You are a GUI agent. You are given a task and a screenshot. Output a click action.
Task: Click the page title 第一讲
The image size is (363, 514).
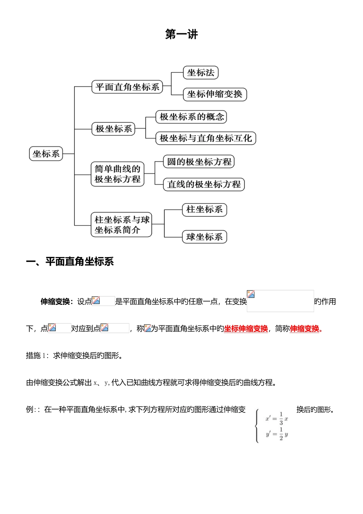click(181, 34)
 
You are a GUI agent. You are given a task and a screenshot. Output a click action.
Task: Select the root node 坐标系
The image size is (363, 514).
click(46, 154)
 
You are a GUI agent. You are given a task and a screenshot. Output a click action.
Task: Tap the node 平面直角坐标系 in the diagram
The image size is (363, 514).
click(127, 87)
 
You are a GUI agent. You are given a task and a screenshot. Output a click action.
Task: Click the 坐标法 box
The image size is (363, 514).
click(201, 73)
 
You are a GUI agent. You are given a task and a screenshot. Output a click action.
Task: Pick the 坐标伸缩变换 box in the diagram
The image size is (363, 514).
click(215, 94)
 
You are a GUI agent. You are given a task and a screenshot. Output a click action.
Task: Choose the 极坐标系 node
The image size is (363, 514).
click(113, 129)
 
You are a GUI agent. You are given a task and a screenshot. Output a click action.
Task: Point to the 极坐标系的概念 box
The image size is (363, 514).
click(191, 117)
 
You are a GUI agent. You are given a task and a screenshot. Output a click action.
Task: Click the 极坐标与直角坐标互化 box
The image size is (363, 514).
click(206, 138)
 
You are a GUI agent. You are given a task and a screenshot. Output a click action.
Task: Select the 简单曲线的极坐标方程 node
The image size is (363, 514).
click(117, 174)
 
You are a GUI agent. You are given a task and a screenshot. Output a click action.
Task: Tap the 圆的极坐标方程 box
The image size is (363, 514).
click(199, 162)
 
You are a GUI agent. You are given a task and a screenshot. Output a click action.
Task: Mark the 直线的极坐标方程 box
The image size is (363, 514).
click(204, 184)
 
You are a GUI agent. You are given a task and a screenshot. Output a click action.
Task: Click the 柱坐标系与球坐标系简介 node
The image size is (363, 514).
click(121, 225)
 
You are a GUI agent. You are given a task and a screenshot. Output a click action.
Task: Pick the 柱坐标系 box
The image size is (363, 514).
click(204, 210)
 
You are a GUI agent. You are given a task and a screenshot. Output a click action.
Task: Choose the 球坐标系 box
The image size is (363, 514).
click(204, 237)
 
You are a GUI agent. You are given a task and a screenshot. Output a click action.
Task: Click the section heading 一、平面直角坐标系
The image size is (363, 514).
click(70, 262)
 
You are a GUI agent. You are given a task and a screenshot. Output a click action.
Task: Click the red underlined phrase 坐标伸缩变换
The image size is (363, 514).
click(246, 329)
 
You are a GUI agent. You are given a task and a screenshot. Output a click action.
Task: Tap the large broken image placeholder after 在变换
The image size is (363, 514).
click(280, 301)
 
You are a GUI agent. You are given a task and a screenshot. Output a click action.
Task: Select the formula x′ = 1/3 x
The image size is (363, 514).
click(277, 419)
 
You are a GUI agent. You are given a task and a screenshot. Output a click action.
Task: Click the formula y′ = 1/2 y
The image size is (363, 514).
click(277, 434)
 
